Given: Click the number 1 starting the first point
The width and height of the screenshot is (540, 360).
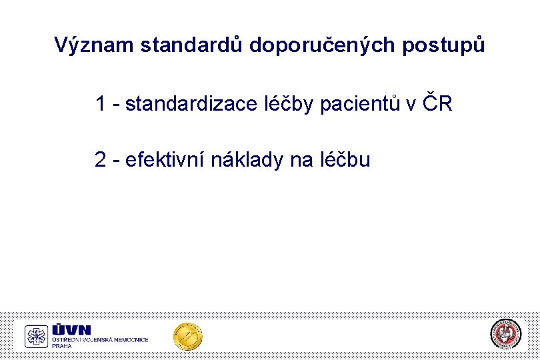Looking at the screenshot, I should click(101, 104).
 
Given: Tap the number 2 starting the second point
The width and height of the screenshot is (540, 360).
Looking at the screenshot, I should click(101, 160).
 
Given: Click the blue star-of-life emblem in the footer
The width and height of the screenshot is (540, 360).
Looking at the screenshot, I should click(36, 337).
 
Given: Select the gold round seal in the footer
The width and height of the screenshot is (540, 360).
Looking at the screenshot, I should click(187, 336).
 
